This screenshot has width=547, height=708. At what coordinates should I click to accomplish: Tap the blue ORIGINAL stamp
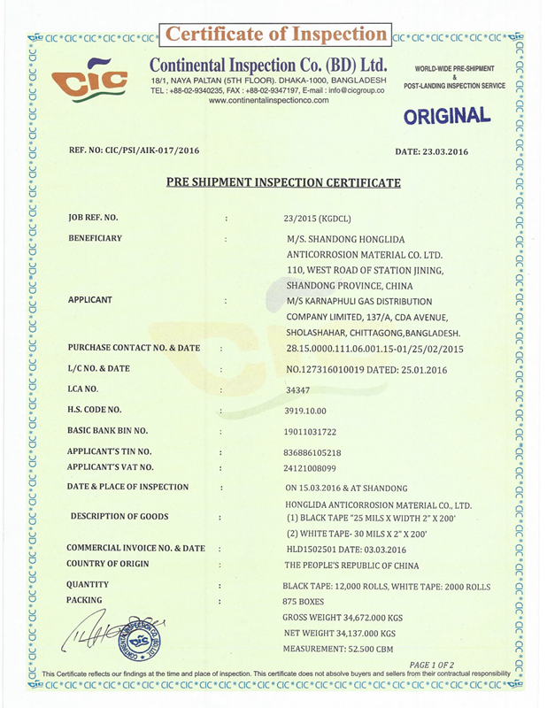click(448, 115)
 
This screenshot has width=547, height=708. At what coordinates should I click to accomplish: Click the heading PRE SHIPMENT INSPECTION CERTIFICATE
click(284, 183)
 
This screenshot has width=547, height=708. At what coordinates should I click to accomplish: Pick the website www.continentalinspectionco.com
click(269, 100)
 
